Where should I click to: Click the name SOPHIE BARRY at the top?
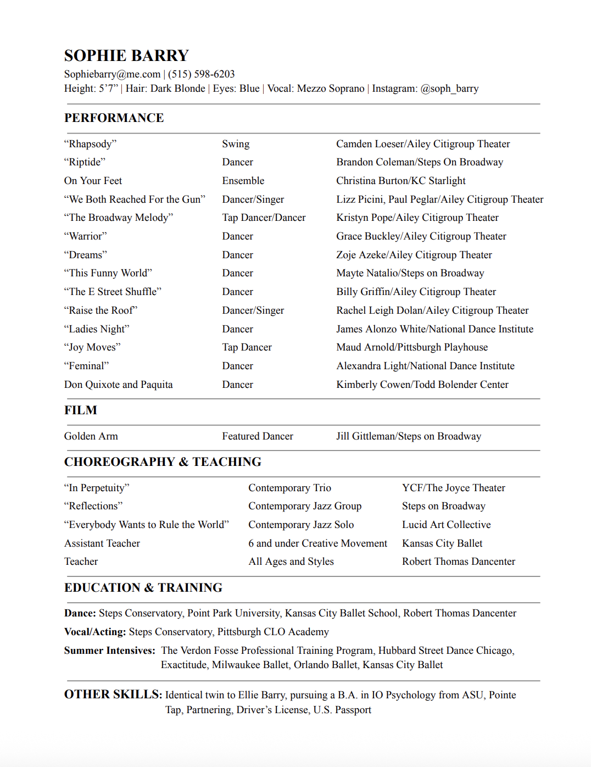tap(126, 55)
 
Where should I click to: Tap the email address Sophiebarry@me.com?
tap(112, 74)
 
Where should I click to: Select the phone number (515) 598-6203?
tap(201, 74)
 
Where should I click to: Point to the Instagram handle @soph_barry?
tap(449, 88)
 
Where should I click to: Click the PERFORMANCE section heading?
tap(114, 118)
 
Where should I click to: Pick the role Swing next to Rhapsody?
tap(236, 144)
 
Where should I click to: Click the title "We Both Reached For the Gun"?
tap(135, 199)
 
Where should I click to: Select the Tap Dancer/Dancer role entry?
tap(264, 218)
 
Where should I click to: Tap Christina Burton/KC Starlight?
tap(401, 181)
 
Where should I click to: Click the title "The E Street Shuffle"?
tap(113, 292)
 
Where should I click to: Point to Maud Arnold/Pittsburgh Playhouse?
tap(412, 347)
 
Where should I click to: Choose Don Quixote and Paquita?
tap(118, 385)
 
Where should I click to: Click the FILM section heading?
tap(81, 410)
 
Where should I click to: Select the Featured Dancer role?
tap(258, 436)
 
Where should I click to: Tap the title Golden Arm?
tap(91, 436)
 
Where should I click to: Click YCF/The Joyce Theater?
tap(453, 488)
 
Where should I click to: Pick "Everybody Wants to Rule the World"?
tap(146, 525)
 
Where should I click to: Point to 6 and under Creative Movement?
tap(317, 543)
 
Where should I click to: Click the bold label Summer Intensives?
tap(110, 651)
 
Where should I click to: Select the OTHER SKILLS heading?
tap(113, 694)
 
